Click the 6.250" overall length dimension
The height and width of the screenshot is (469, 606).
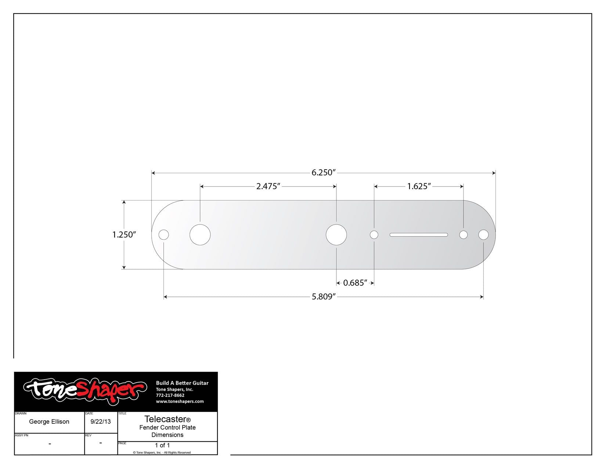pos(324,173)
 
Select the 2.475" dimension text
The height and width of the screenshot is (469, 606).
pos(268,186)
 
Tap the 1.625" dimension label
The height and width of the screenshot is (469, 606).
pos(419,186)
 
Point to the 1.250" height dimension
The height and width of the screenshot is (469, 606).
pos(124,235)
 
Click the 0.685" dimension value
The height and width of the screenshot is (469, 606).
pos(355,283)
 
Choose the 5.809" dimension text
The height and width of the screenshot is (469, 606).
pos(324,297)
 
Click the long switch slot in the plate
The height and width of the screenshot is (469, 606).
pos(419,235)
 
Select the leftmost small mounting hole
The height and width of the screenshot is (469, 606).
pos(163,235)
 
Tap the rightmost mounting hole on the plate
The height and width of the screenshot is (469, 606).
pos(483,235)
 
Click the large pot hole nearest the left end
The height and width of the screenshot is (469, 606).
pos(200,235)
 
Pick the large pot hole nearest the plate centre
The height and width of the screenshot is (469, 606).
pos(336,235)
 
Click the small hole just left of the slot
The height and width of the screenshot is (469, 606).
pos(374,235)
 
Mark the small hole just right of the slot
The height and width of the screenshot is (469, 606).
pos(463,235)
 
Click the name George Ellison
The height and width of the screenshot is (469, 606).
pos(49,422)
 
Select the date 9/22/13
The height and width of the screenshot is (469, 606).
pos(101,422)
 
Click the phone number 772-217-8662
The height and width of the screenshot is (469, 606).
pos(170,395)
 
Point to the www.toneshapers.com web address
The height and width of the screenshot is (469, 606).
pos(180,401)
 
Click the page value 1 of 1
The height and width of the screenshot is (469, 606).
pos(162,445)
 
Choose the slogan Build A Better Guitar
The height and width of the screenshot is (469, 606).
pos(182,383)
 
